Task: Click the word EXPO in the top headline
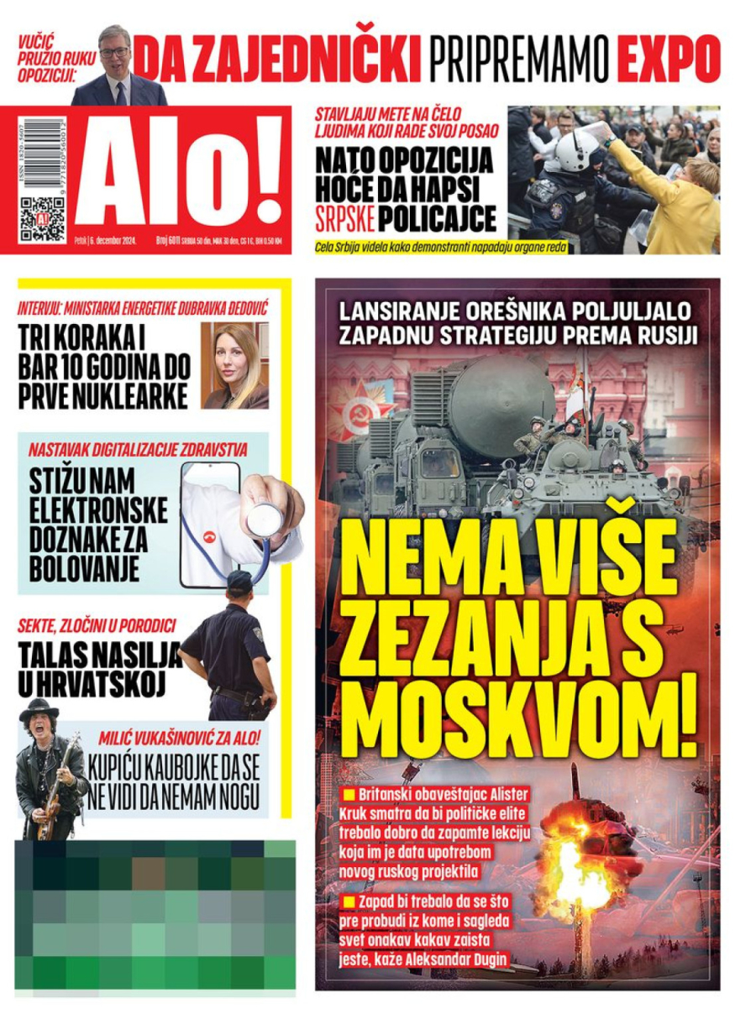669,59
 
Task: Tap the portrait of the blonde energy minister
234,366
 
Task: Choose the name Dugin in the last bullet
487,957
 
